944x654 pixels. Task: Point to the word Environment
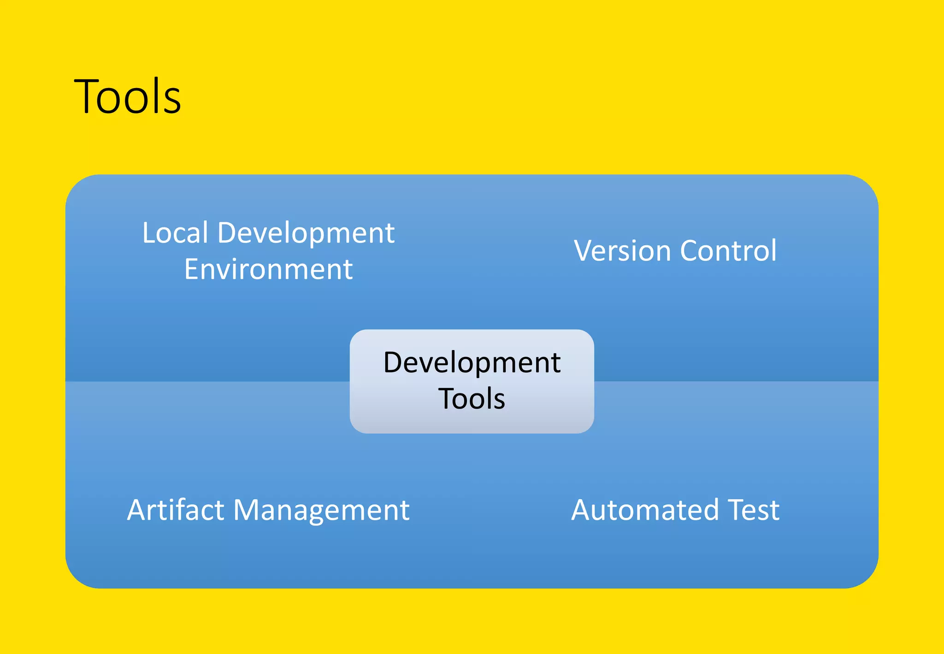[268, 269]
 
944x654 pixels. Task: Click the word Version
[622, 251]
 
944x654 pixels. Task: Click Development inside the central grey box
[472, 363]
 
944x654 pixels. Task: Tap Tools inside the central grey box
[472, 398]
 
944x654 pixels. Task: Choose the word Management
[321, 510]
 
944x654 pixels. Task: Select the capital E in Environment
[191, 269]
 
